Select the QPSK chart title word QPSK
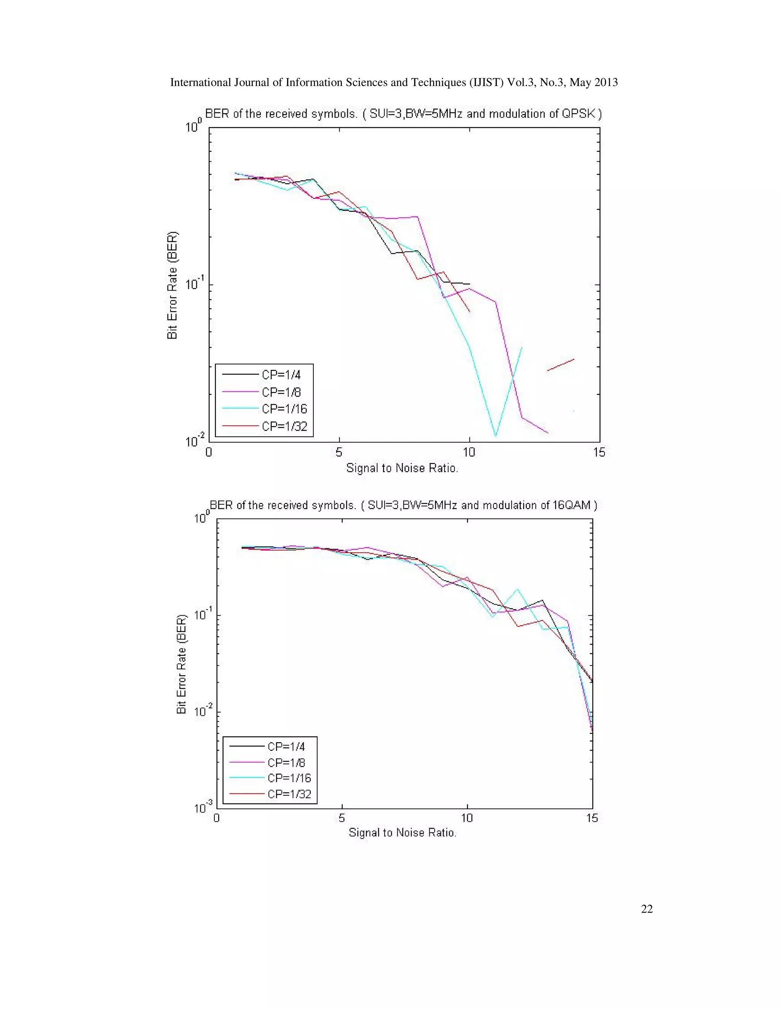tap(578, 113)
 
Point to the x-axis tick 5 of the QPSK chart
tap(339, 452)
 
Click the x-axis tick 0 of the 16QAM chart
tap(216, 818)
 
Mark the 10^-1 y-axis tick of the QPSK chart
tap(195, 283)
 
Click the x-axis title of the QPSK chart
tap(402, 468)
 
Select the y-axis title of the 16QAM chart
tap(182, 664)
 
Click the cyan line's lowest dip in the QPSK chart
tap(495, 435)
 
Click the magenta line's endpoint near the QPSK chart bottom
tap(547, 433)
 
